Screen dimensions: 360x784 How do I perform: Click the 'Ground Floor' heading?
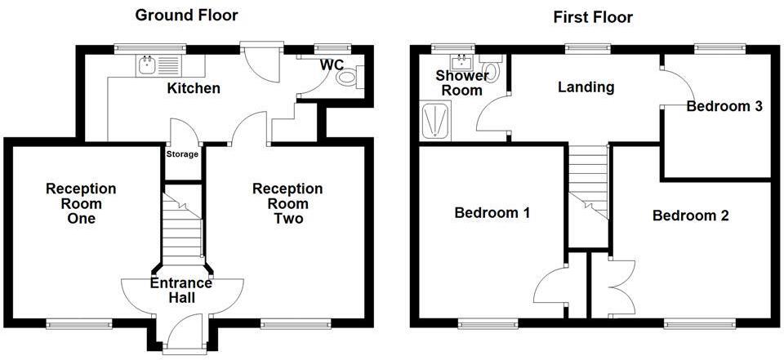click(x=187, y=15)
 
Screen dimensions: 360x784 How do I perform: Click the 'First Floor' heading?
click(x=592, y=16)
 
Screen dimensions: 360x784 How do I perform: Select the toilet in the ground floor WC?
click(x=349, y=78)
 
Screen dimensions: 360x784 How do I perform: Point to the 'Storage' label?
click(x=182, y=153)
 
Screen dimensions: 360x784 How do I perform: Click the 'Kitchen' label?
click(x=194, y=88)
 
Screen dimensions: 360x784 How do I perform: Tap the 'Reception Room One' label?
click(x=81, y=203)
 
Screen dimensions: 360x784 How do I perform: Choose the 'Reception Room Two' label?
click(x=287, y=203)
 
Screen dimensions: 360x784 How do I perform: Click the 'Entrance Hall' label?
click(x=181, y=291)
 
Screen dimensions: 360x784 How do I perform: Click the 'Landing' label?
click(x=586, y=87)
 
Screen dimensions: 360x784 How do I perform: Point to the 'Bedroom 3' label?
click(x=724, y=106)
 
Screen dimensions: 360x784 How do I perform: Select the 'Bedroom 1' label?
click(x=492, y=213)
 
